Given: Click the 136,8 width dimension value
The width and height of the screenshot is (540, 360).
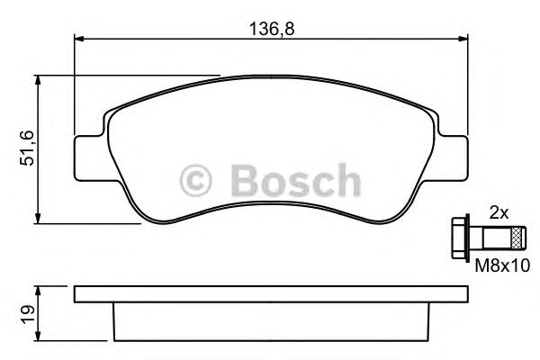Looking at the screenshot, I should coord(271,29).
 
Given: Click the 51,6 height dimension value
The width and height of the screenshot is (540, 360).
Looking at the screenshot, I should coord(26,148).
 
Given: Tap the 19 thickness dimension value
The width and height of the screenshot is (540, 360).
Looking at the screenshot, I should coord(26,313).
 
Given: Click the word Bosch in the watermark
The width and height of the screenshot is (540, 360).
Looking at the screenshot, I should coord(294,181).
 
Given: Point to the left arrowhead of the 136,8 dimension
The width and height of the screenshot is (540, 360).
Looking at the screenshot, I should coord(77,39).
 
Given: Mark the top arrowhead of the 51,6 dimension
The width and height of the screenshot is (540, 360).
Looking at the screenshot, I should coord(39,81).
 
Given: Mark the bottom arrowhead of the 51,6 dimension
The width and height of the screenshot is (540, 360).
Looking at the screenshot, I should coord(39,218).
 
